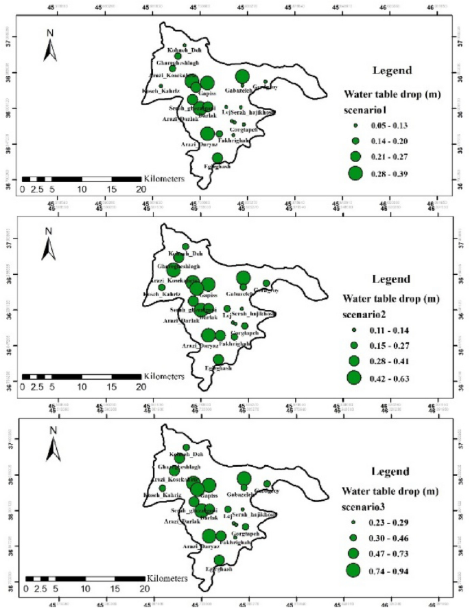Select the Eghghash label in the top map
(x=219, y=167)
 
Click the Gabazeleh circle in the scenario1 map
(x=242, y=76)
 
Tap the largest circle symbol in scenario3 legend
(x=355, y=570)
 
